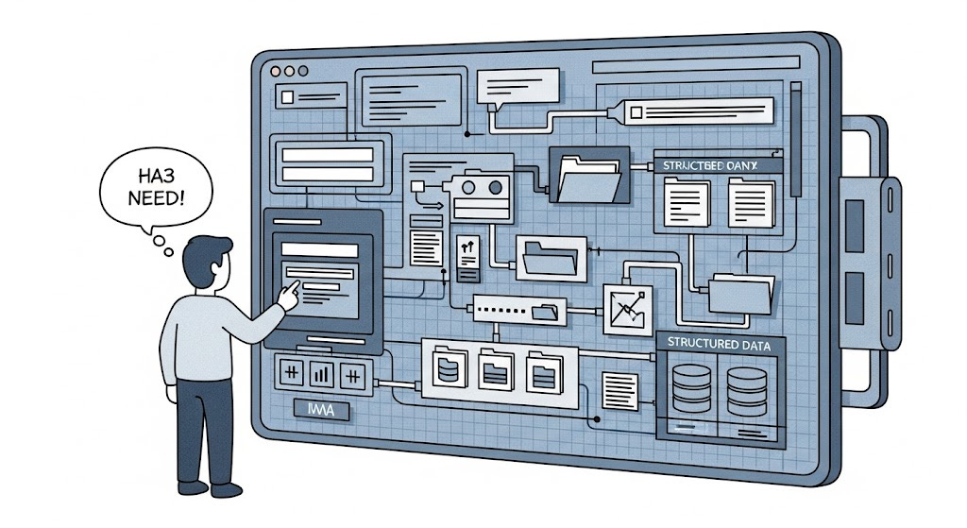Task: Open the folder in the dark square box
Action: click(587, 176)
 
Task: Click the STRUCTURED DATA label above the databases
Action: click(717, 346)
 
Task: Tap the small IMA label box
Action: click(314, 412)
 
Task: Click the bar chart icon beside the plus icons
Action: click(321, 373)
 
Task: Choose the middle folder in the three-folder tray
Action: click(495, 367)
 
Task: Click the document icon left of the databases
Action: click(619, 385)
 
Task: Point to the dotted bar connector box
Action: click(517, 308)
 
